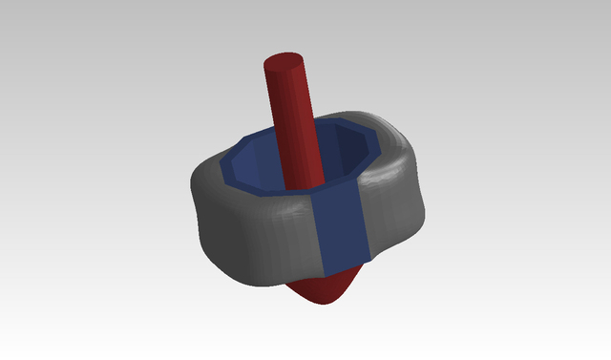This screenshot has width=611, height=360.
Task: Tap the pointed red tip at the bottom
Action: pos(329,298)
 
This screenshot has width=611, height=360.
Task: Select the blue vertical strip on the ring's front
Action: pos(342,229)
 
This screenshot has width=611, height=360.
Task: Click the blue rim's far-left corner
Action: pos(222,172)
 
